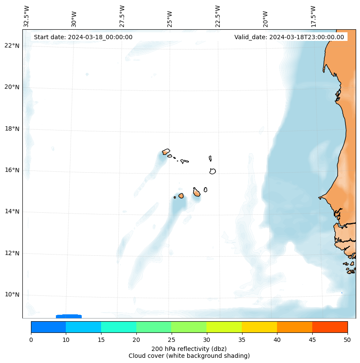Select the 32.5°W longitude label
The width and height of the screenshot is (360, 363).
tap(27, 16)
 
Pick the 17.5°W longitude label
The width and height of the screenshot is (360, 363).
tap(314, 16)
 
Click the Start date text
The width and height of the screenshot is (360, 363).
tap(83, 37)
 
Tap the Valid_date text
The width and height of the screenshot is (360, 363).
tap(289, 37)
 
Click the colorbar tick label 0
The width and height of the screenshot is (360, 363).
tap(31, 340)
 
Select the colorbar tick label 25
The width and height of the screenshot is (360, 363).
tap(171, 340)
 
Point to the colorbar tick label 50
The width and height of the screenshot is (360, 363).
tap(347, 340)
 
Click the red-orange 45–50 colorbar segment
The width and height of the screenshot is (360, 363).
tap(329, 327)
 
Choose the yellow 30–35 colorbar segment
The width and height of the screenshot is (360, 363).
tap(224, 327)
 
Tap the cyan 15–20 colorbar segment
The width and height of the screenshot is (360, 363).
tap(119, 327)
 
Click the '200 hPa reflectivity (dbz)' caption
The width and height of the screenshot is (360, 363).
tap(189, 348)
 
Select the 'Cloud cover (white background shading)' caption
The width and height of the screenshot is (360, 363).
tap(189, 356)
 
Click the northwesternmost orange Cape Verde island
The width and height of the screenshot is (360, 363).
tap(166, 152)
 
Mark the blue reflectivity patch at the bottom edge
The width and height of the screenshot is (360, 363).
tap(69, 316)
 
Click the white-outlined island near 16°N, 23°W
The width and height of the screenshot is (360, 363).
tap(212, 171)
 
